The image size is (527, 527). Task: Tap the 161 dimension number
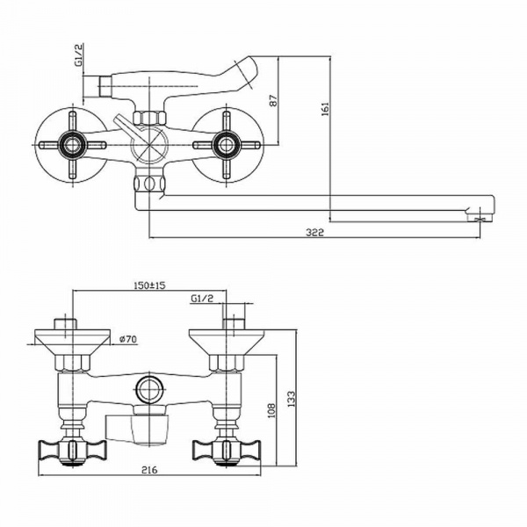325,110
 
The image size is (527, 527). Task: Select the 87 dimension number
272,101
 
